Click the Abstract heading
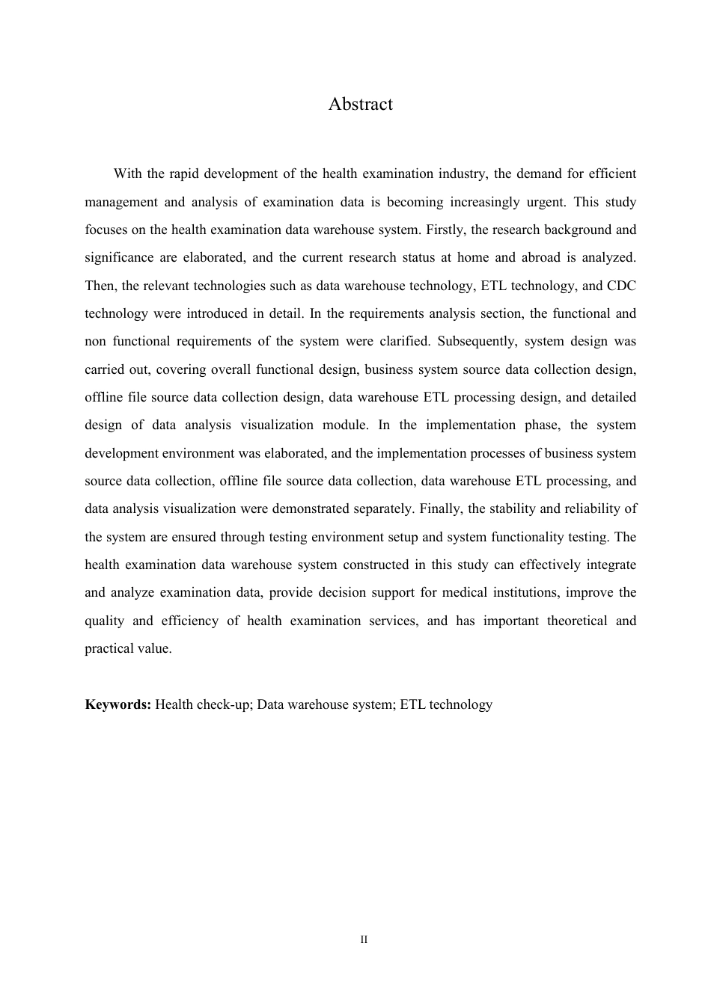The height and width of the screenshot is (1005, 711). [360, 104]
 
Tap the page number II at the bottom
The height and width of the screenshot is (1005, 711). [364, 939]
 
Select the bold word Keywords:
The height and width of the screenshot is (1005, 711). [118, 704]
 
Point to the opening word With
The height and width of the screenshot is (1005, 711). [127, 174]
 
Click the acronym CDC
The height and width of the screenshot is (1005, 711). [621, 286]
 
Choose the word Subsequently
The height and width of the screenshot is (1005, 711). [477, 342]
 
